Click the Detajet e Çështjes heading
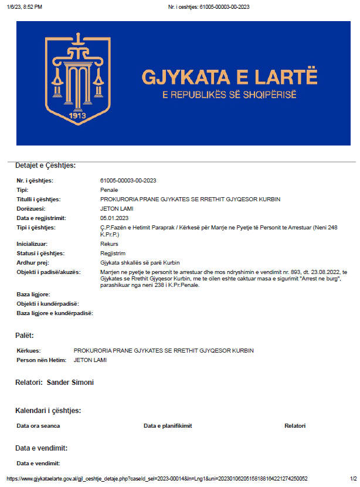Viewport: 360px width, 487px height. click(x=46, y=165)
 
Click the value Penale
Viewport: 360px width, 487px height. click(x=109, y=190)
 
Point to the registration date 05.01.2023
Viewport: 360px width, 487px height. click(x=114, y=218)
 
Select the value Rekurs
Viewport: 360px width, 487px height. click(x=110, y=243)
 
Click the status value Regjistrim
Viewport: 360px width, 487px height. click(x=113, y=253)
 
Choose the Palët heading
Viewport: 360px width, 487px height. click(x=25, y=336)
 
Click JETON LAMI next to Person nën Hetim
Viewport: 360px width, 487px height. click(x=90, y=360)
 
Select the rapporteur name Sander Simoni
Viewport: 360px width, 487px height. click(x=70, y=383)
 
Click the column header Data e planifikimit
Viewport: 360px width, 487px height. click(x=168, y=426)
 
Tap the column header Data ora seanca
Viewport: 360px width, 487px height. click(x=38, y=426)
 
